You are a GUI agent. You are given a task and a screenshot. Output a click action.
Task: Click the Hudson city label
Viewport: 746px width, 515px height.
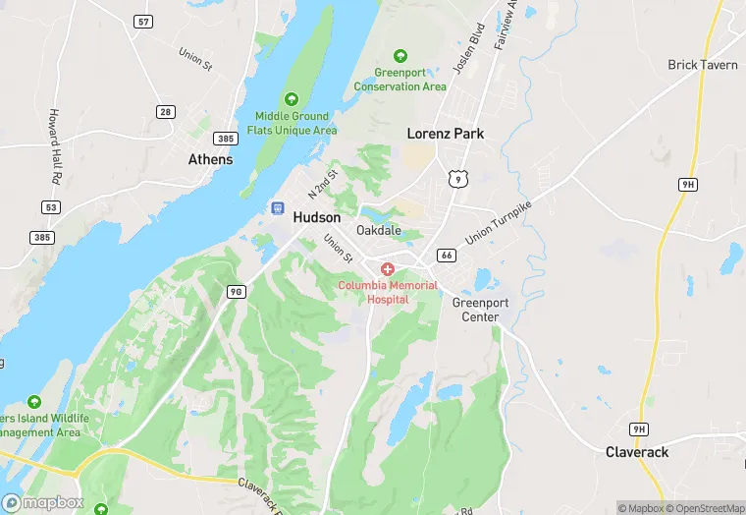click(317, 217)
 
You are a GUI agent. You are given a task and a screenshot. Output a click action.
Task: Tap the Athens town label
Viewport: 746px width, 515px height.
click(211, 159)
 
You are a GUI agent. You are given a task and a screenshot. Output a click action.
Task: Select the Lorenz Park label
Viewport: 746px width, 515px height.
click(446, 134)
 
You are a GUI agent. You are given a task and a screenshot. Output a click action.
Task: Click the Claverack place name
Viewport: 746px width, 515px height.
click(636, 452)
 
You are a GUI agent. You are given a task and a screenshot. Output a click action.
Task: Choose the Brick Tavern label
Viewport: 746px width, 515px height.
click(696, 65)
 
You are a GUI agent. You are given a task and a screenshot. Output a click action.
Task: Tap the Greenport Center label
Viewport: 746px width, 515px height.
click(475, 310)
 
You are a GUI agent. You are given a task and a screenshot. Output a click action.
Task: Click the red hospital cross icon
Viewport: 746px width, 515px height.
click(388, 268)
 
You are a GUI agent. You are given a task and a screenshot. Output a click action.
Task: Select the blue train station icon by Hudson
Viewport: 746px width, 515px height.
click(278, 209)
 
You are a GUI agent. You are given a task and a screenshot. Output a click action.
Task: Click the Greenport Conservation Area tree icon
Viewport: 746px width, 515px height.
click(400, 56)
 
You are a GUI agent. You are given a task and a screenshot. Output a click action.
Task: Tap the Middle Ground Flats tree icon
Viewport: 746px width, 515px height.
click(291, 98)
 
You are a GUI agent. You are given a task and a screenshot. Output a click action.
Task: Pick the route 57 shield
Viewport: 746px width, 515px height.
click(144, 21)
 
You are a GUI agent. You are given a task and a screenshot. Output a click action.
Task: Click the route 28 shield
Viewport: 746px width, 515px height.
click(166, 112)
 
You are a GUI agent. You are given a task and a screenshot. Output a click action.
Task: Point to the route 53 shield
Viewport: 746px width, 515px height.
click(51, 207)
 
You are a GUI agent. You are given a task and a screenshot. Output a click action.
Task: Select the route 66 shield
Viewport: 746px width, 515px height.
click(447, 256)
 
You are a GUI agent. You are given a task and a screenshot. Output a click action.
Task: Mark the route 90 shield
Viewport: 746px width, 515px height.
click(236, 292)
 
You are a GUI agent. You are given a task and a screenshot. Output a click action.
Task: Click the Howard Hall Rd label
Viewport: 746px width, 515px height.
click(55, 146)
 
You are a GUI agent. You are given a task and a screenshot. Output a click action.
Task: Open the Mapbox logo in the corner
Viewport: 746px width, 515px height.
click(44, 502)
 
